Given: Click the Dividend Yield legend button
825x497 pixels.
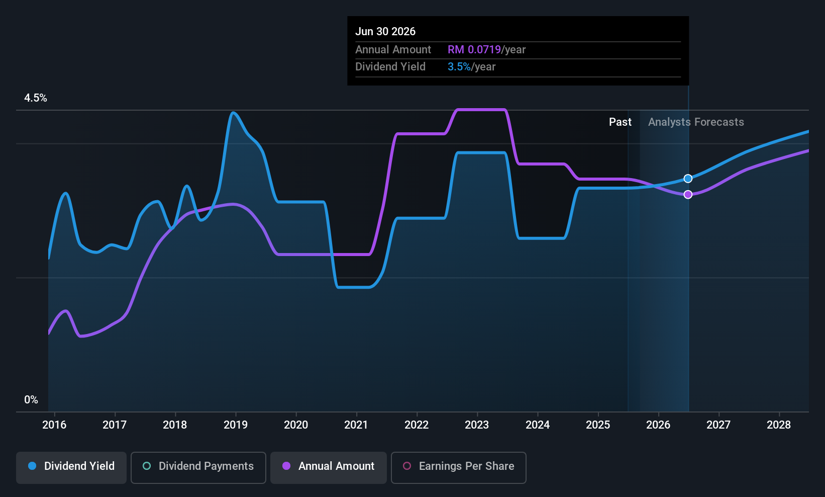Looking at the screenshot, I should [71, 467].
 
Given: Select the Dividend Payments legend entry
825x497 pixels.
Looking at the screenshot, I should [198, 467].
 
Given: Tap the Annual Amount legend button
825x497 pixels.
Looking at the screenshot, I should [329, 467].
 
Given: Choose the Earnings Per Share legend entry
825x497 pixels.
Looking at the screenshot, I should [458, 467].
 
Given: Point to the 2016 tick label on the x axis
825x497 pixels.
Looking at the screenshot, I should [54, 425].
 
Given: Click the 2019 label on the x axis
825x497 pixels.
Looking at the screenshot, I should [236, 425].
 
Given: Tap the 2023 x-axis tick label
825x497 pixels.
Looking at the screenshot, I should [477, 425].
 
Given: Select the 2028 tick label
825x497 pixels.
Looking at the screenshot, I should [779, 425].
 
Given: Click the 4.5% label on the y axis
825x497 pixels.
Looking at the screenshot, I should [36, 98].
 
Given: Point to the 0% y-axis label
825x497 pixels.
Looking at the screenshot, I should [31, 400].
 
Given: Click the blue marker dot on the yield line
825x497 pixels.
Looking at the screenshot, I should [688, 179].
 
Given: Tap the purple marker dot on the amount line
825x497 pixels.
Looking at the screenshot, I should [688, 195].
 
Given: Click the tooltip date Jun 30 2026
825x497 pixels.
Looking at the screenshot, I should [385, 32].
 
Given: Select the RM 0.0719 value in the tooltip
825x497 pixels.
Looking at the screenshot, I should [474, 50].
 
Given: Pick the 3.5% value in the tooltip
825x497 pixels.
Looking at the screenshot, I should [459, 67].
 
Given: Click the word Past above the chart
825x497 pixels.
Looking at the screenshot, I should [620, 122].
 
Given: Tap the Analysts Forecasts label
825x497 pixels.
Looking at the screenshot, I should [696, 122].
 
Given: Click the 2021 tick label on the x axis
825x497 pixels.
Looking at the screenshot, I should [356, 425].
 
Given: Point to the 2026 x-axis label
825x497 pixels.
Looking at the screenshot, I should [658, 425].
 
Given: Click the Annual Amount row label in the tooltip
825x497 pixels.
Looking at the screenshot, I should [393, 50].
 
